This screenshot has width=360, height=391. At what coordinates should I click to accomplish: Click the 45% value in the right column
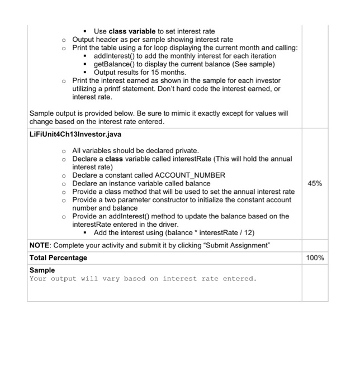[315, 183]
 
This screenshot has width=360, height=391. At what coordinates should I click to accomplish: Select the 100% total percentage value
[315, 258]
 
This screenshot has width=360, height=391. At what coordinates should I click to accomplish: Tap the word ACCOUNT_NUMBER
[192, 175]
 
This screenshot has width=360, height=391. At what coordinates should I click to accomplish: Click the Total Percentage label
[58, 258]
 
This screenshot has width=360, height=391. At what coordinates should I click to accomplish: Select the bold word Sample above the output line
[42, 270]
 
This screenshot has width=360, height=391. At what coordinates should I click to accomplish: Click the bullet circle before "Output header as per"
[64, 40]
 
